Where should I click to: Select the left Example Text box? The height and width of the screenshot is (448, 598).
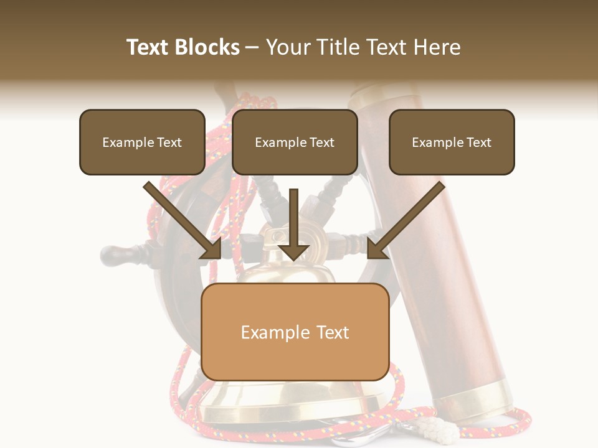coord(142,142)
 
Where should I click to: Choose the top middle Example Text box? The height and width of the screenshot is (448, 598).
coord(295,142)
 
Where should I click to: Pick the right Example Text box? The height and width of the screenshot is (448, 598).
coord(452,142)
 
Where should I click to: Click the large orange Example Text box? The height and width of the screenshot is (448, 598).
coord(295,332)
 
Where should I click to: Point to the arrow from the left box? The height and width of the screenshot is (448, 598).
coord(184,221)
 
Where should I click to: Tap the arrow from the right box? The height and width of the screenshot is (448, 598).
coord(405,221)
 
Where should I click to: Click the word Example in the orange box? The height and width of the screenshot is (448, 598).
coord(267,332)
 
